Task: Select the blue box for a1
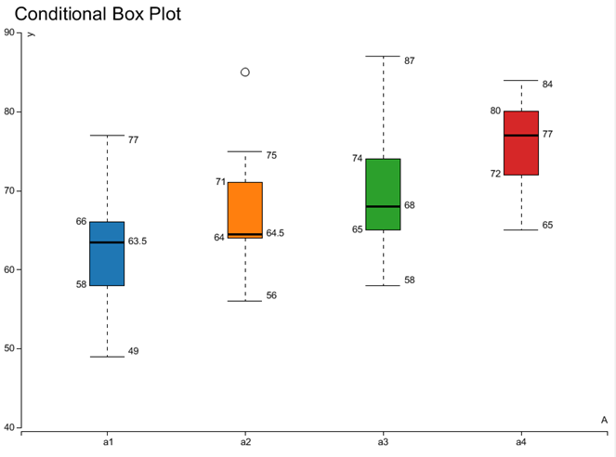tap(107, 254)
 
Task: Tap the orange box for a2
tap(245, 210)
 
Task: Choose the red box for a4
tap(520, 143)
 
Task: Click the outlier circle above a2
tap(245, 72)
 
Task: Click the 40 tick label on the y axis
tap(9, 428)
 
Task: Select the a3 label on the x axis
tap(383, 442)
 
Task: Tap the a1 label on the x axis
tap(108, 442)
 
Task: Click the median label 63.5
tap(138, 242)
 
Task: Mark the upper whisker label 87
tap(409, 61)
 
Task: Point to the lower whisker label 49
tap(134, 351)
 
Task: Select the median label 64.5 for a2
tap(275, 233)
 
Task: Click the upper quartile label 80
tap(495, 111)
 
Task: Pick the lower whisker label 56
tap(271, 295)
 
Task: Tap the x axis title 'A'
tap(604, 420)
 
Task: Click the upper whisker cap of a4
tap(520, 81)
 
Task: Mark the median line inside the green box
tap(383, 206)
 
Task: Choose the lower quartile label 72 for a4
tap(495, 174)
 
